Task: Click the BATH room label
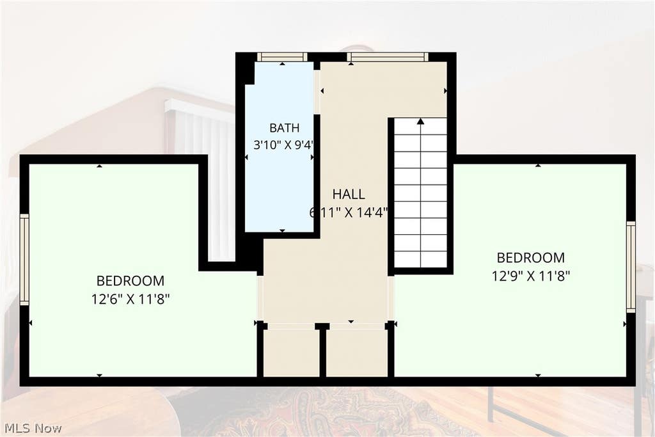click(284, 127)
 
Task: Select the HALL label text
click(349, 194)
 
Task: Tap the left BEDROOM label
click(130, 280)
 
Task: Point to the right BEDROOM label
click(530, 257)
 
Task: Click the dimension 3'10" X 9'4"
click(284, 145)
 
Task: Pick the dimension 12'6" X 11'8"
click(130, 299)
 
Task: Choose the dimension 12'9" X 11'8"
click(531, 276)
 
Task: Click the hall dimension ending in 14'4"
click(349, 212)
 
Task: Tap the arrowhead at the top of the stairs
click(421, 121)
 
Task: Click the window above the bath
click(282, 57)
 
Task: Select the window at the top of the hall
click(388, 57)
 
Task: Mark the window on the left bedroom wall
click(25, 259)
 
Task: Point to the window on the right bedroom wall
click(631, 267)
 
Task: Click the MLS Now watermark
click(33, 428)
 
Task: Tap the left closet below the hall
click(292, 352)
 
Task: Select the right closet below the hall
click(357, 352)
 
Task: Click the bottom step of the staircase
click(421, 259)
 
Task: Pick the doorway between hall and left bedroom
click(260, 298)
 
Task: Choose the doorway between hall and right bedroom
click(391, 298)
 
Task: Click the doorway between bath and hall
click(317, 91)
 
